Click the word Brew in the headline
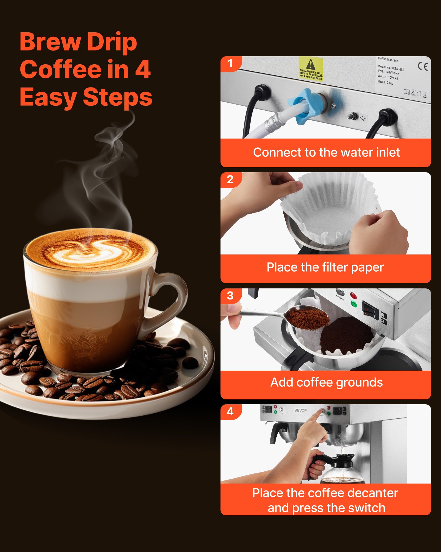point(50,42)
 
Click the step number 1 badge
point(230,64)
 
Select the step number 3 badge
point(230,296)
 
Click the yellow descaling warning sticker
point(311,69)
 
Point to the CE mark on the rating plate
point(423,67)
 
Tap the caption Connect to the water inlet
point(326,152)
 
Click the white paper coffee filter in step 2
point(331,210)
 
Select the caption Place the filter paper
point(325,267)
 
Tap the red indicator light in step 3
point(353,296)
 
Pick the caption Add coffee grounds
point(326,383)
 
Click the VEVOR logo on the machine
point(300,410)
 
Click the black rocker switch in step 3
point(370,310)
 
